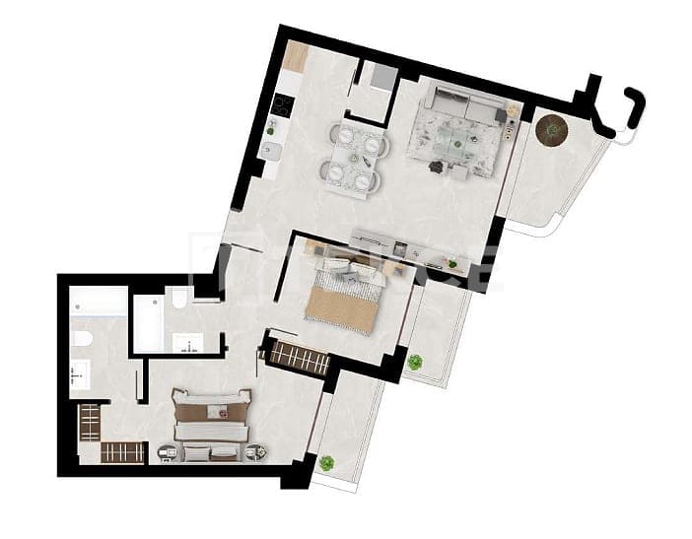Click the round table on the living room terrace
[x=551, y=128]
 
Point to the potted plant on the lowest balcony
[x=326, y=461]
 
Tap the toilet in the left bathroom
[x=84, y=341]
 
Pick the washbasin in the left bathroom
[x=78, y=374]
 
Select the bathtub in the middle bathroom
[x=151, y=320]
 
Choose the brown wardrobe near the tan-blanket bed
[x=299, y=356]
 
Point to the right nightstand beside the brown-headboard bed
[x=255, y=452]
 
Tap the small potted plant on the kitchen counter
[x=273, y=125]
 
